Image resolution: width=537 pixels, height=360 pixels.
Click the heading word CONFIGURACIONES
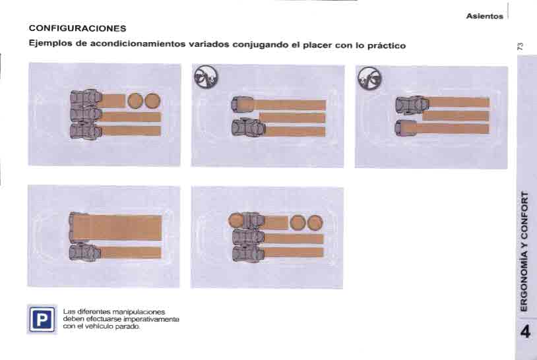(x=77, y=28)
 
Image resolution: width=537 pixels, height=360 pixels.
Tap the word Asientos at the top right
(x=485, y=16)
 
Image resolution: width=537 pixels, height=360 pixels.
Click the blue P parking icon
(x=42, y=319)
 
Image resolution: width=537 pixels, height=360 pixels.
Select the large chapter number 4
(x=525, y=332)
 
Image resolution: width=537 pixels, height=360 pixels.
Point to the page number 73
(x=520, y=47)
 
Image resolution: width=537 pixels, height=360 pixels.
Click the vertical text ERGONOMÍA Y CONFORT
(x=524, y=251)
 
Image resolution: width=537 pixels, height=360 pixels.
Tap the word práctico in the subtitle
(x=387, y=45)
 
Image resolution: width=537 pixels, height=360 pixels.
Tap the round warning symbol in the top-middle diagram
(x=206, y=76)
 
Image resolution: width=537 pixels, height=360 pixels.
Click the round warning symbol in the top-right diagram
(x=369, y=78)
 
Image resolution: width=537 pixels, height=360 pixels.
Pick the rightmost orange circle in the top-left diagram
(x=153, y=101)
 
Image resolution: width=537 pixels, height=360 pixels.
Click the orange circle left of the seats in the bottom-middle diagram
(x=236, y=220)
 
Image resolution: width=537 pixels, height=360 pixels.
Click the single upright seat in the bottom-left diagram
(x=84, y=253)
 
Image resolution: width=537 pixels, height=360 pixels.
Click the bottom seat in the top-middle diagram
(x=248, y=128)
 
